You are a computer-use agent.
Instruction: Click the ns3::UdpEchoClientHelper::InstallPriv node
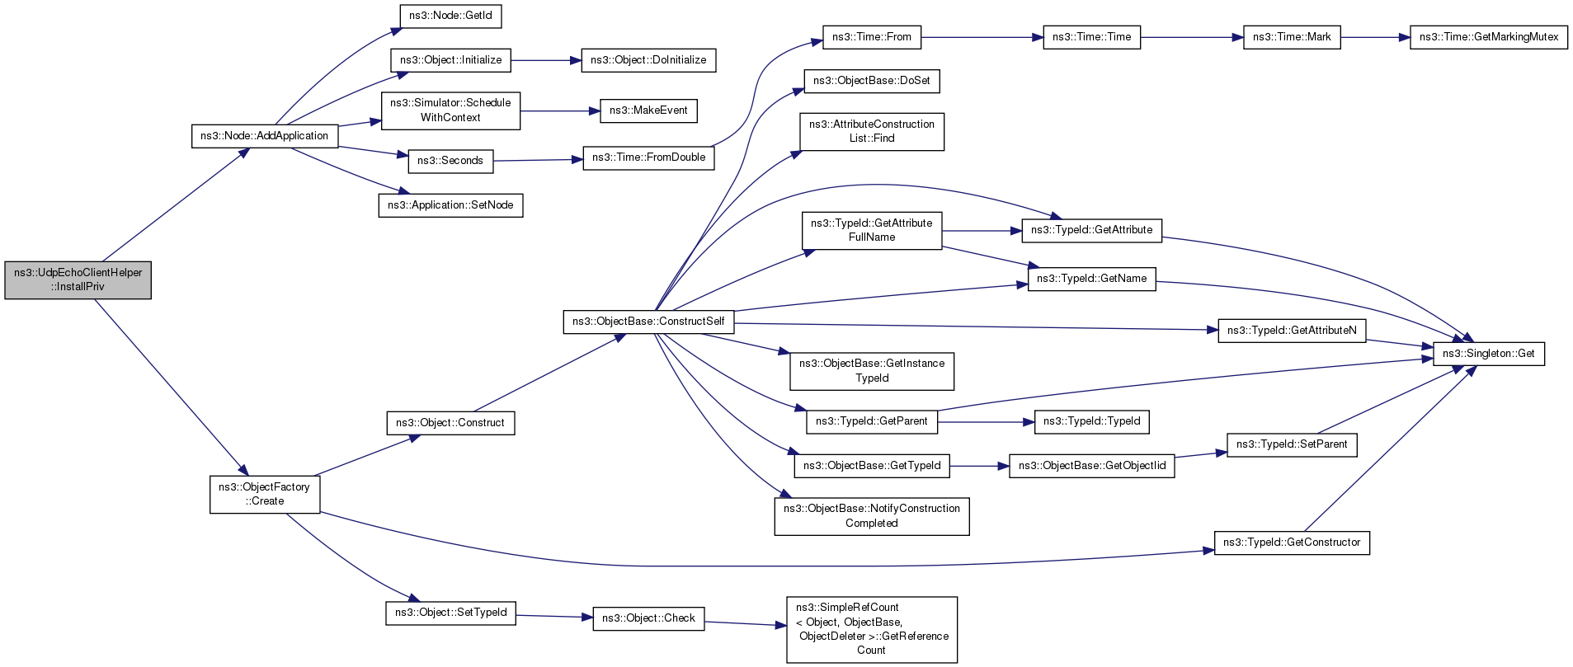78,280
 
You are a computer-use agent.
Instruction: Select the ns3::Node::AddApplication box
265,136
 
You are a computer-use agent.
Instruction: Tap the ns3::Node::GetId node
450,16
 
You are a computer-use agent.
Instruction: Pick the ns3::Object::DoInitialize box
648,60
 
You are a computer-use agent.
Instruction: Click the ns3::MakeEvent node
648,110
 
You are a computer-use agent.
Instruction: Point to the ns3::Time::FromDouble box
648,157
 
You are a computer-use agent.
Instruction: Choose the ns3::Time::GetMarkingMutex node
1489,37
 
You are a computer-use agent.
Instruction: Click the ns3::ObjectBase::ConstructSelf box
648,322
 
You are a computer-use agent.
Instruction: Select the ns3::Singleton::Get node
1489,354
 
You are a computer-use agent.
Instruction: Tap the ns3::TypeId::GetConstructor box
1292,543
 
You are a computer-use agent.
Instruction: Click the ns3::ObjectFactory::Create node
265,494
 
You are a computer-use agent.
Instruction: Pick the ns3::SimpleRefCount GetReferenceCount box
872,629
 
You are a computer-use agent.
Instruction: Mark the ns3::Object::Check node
648,618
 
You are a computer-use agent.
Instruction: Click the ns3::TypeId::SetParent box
1292,444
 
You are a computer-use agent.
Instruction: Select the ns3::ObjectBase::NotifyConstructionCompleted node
872,516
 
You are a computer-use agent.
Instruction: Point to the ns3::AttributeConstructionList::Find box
872,132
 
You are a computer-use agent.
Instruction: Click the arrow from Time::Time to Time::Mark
1192,37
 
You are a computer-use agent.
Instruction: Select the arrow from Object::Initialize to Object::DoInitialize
546,60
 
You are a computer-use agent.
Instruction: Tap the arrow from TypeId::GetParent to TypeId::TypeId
986,422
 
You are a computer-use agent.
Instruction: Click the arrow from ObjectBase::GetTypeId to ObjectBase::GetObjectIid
979,467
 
